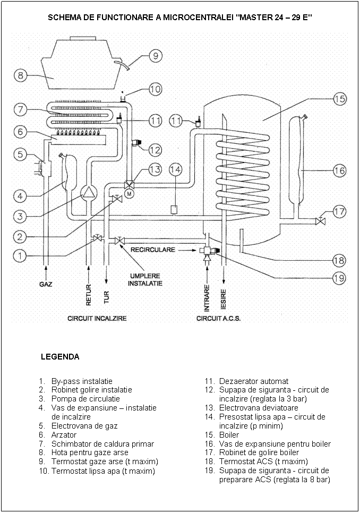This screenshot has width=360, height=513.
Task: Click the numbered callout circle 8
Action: [21, 75]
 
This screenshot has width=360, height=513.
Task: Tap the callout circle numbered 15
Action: [340, 99]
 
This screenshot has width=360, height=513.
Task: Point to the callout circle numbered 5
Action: [20, 155]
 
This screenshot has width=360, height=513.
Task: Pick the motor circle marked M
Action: [129, 194]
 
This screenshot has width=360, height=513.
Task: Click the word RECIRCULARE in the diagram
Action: [153, 249]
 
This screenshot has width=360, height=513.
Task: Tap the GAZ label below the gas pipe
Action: [46, 284]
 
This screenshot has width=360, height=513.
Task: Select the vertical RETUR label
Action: [89, 294]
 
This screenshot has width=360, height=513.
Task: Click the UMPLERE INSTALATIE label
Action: [145, 279]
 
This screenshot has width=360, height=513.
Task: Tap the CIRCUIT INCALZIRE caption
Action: [97, 319]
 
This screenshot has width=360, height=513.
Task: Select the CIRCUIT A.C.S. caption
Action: [219, 319]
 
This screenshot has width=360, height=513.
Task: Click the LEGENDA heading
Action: [60, 357]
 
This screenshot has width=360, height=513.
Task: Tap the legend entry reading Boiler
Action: [229, 434]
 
